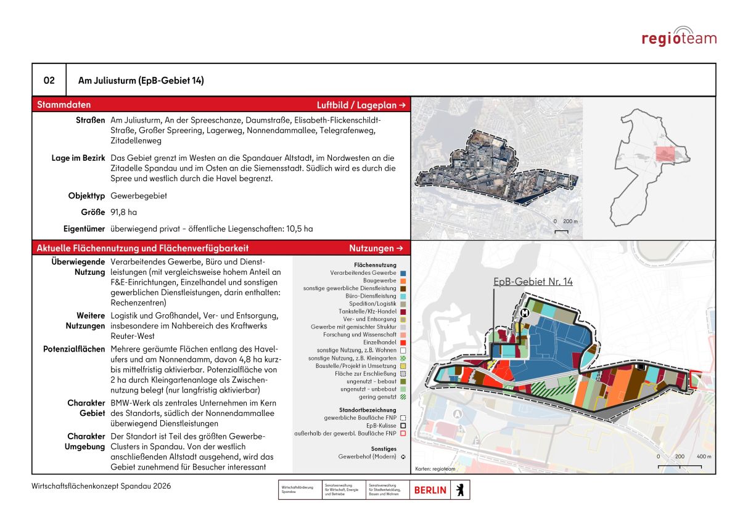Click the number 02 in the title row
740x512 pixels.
coord(49,81)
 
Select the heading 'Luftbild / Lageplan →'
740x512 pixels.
coord(361,105)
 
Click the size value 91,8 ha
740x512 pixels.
coord(123,213)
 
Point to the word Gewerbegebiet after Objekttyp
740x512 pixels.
coord(139,196)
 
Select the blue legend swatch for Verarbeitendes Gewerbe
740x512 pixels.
coord(403,272)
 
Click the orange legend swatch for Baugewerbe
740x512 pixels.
coord(403,280)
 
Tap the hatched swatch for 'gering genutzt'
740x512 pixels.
coord(403,397)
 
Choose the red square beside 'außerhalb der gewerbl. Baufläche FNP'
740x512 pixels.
coord(403,434)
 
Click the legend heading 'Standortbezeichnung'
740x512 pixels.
coord(364,410)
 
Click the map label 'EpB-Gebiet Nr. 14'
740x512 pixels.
coord(533,282)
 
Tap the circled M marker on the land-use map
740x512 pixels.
coord(525,313)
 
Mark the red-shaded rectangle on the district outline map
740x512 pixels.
coord(664,153)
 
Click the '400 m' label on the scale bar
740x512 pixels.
coord(704,457)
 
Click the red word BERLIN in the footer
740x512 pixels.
coord(430,490)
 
